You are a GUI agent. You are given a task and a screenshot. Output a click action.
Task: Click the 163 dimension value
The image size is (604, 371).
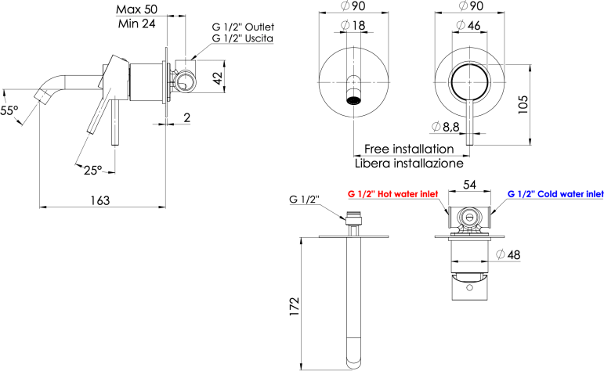(100, 200)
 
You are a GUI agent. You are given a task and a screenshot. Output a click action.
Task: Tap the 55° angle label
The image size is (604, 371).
(9, 111)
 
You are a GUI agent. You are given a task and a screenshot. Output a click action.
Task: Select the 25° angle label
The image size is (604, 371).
(93, 170)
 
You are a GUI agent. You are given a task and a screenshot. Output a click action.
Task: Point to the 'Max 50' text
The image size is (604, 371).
(137, 9)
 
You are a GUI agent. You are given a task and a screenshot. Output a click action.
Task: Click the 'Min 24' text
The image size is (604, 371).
(137, 23)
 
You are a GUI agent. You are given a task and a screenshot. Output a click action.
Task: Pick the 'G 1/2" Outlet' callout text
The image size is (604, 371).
(243, 27)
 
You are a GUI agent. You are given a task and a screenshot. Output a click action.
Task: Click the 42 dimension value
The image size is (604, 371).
(218, 78)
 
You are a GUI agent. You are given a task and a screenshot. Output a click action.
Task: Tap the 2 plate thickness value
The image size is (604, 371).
(186, 117)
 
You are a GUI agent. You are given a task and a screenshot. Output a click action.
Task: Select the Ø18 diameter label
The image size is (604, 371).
(353, 26)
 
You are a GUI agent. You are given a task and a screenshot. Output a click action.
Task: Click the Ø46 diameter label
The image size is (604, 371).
(468, 25)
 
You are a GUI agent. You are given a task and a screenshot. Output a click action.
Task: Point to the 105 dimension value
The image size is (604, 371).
(523, 104)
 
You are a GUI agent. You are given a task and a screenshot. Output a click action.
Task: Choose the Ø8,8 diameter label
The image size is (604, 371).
(446, 127)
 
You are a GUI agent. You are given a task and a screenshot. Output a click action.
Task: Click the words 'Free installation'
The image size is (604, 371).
(409, 149)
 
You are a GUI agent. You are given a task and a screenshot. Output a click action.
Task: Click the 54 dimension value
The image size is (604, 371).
(469, 185)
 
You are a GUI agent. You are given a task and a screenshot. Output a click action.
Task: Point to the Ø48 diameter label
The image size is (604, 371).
(508, 254)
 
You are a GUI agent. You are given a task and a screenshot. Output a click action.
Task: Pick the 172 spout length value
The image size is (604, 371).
(294, 306)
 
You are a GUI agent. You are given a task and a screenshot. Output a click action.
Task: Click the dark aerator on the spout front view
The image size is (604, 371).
(353, 101)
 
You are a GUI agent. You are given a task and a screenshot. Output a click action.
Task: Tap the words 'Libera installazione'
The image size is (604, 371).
(409, 164)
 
